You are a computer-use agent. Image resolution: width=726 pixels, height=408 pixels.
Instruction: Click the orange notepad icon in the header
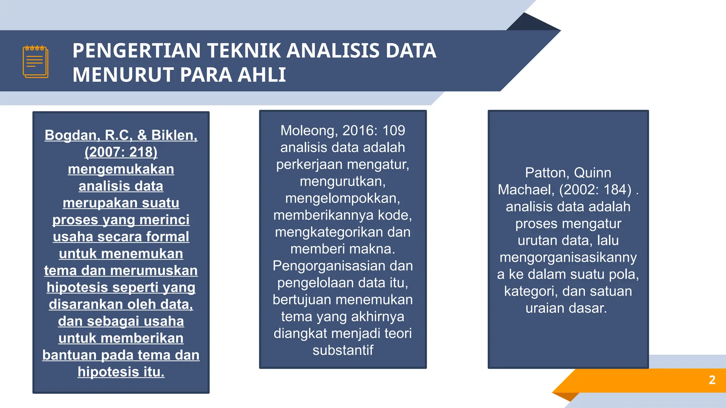tap(35, 62)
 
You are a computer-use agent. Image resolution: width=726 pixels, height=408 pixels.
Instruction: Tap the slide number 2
tap(712, 380)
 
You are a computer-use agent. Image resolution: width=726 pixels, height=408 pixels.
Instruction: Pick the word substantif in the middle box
tap(343, 350)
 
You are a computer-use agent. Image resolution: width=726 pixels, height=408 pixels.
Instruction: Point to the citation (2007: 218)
tap(121, 152)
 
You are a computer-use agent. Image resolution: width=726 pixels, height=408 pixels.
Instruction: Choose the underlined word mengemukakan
tap(121, 169)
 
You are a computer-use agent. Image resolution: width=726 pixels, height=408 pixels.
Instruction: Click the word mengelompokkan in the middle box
tap(343, 198)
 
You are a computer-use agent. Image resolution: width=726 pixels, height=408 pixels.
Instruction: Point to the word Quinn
tap(592, 173)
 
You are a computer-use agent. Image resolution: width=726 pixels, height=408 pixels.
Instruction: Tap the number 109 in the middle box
tap(393, 131)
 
